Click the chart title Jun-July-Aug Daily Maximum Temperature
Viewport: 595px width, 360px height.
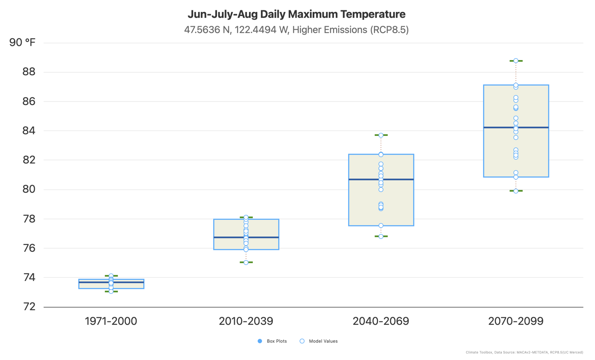tap(296, 14)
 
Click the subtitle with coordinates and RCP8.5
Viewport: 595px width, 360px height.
tap(296, 30)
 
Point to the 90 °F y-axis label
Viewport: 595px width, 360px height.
tap(22, 42)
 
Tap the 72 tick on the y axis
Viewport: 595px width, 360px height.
tap(29, 307)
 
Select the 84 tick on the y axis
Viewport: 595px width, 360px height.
tap(29, 131)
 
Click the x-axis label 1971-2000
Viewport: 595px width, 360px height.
tap(111, 321)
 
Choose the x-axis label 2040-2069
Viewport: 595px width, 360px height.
tap(381, 321)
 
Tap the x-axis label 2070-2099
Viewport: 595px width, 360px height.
tap(516, 321)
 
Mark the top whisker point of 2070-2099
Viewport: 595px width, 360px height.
tap(516, 61)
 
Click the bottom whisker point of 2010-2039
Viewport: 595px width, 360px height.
tap(246, 262)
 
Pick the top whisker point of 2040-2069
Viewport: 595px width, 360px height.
tap(381, 135)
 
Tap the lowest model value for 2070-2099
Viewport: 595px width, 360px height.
tap(516, 191)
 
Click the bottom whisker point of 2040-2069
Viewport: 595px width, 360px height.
tap(381, 236)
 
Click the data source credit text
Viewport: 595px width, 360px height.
tap(524, 352)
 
